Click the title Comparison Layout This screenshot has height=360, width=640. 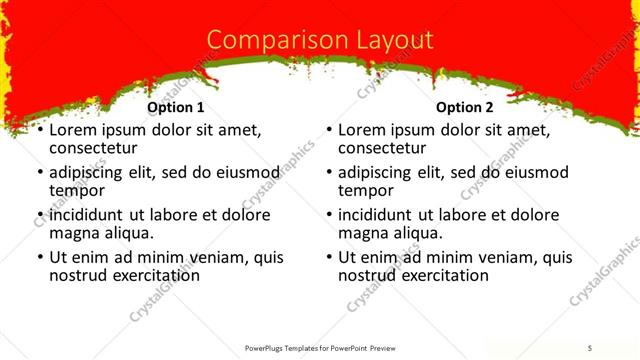[x=320, y=40]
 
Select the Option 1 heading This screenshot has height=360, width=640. [x=175, y=107]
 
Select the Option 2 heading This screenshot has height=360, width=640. [x=465, y=107]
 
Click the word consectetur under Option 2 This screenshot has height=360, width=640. [x=382, y=149]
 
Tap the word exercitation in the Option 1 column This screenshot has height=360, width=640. [x=153, y=275]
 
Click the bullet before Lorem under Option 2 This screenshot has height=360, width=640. [x=330, y=131]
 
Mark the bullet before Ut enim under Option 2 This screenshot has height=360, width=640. [x=330, y=258]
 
